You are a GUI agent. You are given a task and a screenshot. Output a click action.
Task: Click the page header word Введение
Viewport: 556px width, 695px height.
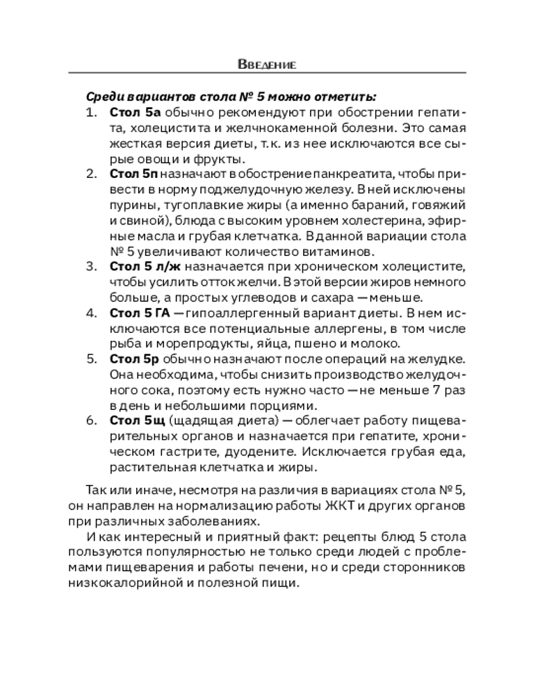[x=267, y=65]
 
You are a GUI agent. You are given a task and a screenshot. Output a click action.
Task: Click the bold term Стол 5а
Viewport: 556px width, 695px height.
[x=135, y=112]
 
